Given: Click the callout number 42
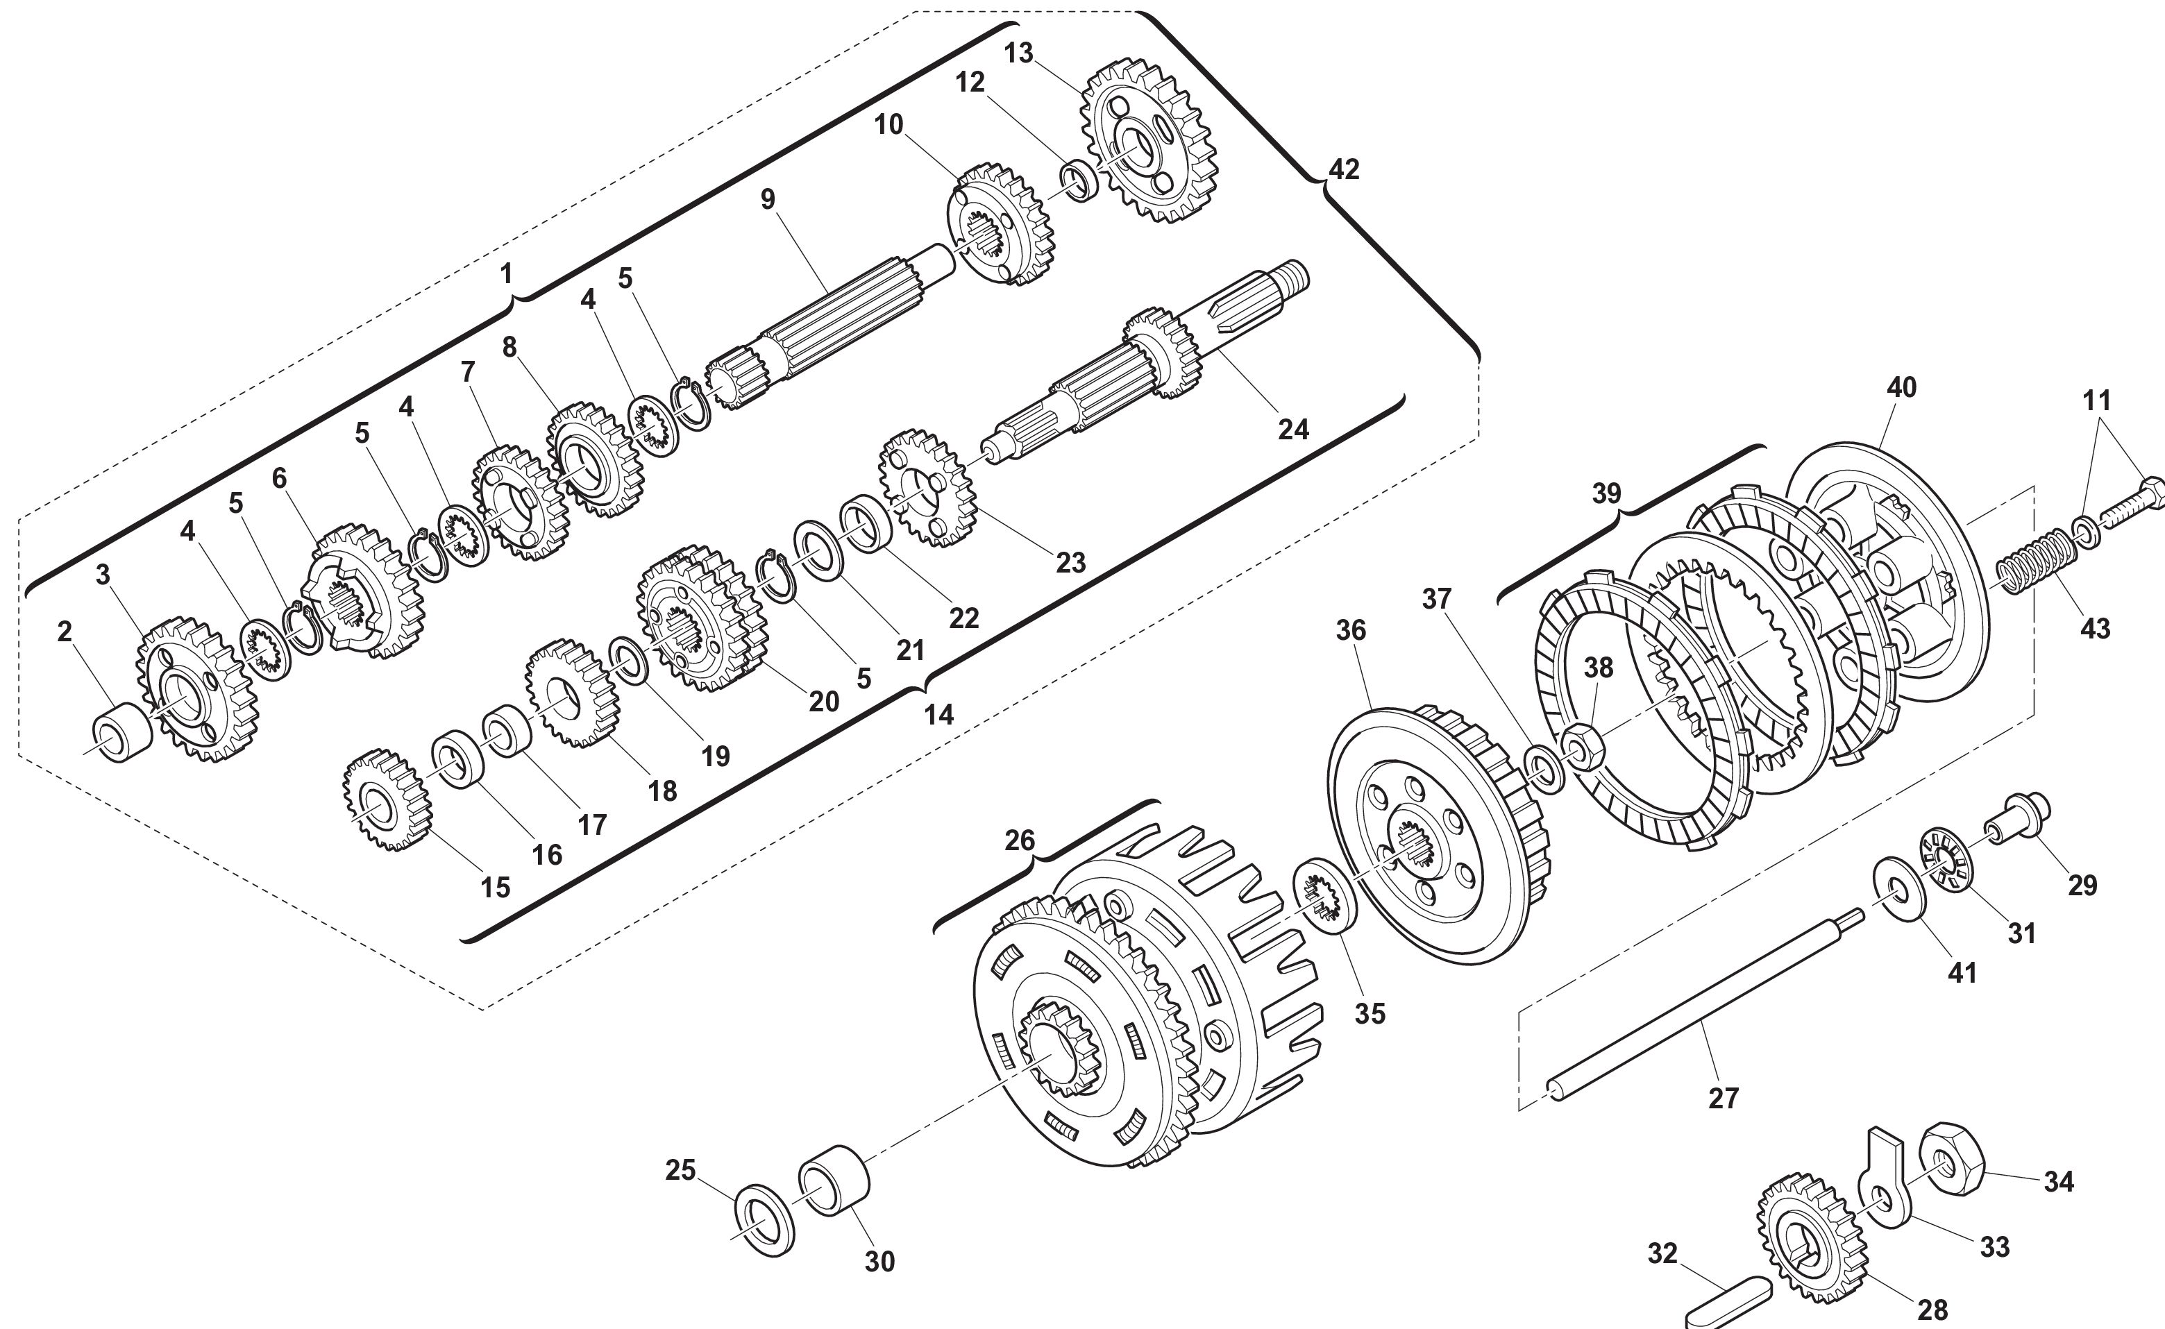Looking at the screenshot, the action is pos(1343,169).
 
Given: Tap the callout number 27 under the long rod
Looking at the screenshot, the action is pos(1724,1098).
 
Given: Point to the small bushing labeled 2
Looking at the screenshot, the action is pos(122,733).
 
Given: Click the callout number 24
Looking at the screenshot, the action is pos(1293,429).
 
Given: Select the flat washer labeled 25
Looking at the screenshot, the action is pos(764,1220).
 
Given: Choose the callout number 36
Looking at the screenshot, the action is pos(1351,629).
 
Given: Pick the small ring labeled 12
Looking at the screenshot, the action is pos(1079,181).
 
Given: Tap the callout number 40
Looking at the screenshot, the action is pos(1901,388).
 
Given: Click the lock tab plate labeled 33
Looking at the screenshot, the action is pos(1885,1177).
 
